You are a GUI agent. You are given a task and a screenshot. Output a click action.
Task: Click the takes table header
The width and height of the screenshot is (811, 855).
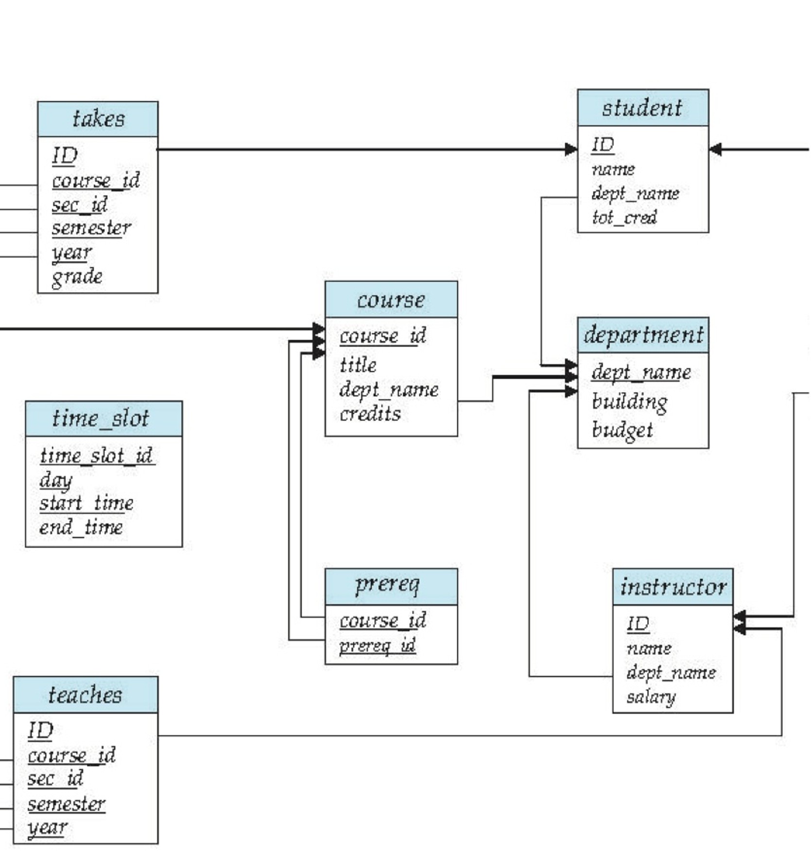pyautogui.click(x=98, y=119)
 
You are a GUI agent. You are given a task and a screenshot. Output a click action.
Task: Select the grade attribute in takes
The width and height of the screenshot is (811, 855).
pyautogui.click(x=77, y=277)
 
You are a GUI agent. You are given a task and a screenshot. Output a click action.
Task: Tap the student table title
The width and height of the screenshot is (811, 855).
pyautogui.click(x=642, y=108)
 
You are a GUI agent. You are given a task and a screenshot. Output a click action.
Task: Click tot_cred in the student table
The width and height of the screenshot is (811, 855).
pyautogui.click(x=625, y=217)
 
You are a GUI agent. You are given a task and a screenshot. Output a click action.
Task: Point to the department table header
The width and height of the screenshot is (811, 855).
pyautogui.click(x=642, y=335)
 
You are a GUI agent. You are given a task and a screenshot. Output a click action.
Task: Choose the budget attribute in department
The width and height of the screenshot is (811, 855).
pyautogui.click(x=623, y=430)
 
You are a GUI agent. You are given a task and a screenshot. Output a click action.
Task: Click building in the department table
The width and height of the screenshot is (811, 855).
pyautogui.click(x=629, y=402)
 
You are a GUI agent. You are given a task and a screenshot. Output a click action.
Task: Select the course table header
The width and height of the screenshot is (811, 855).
pyautogui.click(x=391, y=300)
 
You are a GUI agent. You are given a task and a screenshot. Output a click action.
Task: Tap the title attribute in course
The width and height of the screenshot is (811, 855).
pyautogui.click(x=358, y=365)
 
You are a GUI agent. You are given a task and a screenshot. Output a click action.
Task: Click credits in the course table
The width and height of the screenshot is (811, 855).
pyautogui.click(x=370, y=414)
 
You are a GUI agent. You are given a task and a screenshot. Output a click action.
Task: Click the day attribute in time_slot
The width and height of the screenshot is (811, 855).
pyautogui.click(x=56, y=480)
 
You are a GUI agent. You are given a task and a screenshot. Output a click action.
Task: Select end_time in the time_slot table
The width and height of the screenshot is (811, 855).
pyautogui.click(x=81, y=528)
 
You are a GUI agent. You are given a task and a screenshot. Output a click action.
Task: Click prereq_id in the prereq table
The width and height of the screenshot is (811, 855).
pyautogui.click(x=377, y=646)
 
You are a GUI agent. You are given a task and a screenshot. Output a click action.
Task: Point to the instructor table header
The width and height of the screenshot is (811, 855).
pyautogui.click(x=673, y=587)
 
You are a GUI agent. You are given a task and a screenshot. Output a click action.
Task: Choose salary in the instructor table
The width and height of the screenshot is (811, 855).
pyautogui.click(x=651, y=697)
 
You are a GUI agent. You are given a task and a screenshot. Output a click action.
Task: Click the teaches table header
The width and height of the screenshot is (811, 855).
pyautogui.click(x=85, y=695)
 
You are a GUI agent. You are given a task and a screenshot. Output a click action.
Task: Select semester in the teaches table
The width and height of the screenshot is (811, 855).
pyautogui.click(x=66, y=804)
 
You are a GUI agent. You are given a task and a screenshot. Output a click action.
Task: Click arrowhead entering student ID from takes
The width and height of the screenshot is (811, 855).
pyautogui.click(x=571, y=150)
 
